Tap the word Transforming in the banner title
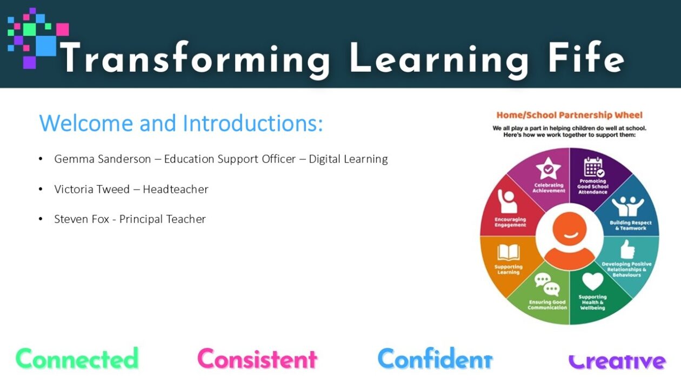click(x=196, y=59)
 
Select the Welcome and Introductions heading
click(x=181, y=123)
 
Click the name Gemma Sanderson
click(x=103, y=159)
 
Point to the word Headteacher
click(x=176, y=189)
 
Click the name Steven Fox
click(x=82, y=219)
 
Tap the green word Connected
click(x=77, y=359)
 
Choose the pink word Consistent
click(x=257, y=359)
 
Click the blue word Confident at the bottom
click(x=435, y=359)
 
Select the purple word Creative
click(x=617, y=361)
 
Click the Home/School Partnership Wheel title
click(x=570, y=115)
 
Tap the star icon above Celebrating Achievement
click(x=549, y=169)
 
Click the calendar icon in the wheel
click(x=594, y=167)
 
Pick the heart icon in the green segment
click(x=592, y=281)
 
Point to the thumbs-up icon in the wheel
click(x=627, y=250)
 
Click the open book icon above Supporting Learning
click(x=508, y=253)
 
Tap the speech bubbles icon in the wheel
click(x=547, y=285)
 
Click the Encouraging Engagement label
click(x=510, y=222)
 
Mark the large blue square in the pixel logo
click(x=46, y=46)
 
